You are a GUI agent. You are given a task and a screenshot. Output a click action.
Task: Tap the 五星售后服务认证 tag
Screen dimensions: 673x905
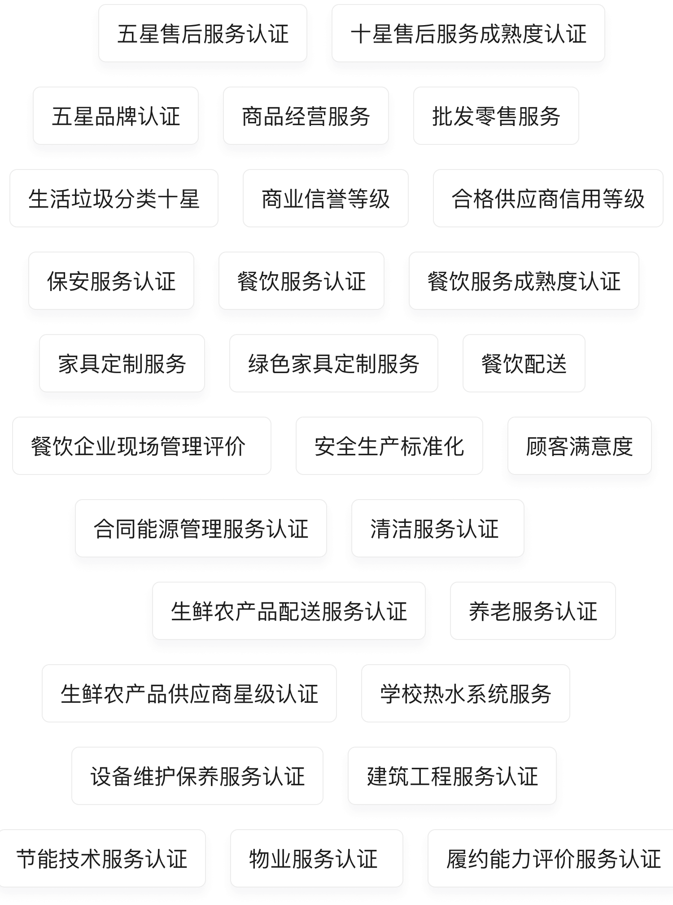click(x=203, y=34)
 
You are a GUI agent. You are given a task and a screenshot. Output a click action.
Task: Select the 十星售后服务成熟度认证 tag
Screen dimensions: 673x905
click(x=468, y=34)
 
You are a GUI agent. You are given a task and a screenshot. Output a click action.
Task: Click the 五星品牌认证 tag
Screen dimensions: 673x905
click(x=116, y=116)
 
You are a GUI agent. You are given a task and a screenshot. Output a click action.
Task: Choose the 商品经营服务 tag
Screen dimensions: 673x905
click(x=306, y=116)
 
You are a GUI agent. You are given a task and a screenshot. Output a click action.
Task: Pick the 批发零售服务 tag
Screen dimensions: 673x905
click(x=496, y=116)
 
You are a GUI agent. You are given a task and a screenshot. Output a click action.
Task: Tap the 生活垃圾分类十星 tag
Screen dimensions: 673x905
click(x=114, y=199)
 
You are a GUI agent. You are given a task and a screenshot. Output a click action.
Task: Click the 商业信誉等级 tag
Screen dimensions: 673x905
click(x=326, y=199)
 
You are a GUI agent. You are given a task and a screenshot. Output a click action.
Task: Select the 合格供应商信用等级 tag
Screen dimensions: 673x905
click(x=548, y=199)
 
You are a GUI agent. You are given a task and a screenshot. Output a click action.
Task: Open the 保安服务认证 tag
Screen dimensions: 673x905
click(x=111, y=281)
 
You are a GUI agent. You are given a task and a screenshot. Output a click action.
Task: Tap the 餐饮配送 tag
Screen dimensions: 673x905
click(x=524, y=364)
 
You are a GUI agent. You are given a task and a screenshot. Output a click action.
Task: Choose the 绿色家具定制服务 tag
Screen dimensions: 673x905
click(x=334, y=364)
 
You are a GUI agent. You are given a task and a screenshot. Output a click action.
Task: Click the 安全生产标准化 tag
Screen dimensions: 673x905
click(x=389, y=446)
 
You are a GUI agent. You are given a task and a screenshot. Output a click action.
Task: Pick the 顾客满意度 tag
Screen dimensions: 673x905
click(x=580, y=446)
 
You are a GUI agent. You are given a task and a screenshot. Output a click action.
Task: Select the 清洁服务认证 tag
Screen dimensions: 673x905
click(x=438, y=529)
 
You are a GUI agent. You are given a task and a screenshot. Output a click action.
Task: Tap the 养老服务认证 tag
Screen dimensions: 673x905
click(x=533, y=611)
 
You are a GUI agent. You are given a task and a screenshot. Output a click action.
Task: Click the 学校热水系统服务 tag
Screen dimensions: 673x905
click(x=466, y=694)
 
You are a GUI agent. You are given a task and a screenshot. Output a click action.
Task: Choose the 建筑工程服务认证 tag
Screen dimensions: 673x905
click(x=452, y=776)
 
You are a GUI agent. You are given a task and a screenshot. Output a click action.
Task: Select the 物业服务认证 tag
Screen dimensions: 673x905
click(x=317, y=859)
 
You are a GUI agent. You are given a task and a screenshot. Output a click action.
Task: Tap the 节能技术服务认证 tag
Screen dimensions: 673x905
click(x=102, y=859)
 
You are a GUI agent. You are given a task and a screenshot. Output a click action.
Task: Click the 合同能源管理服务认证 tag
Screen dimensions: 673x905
click(x=201, y=529)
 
